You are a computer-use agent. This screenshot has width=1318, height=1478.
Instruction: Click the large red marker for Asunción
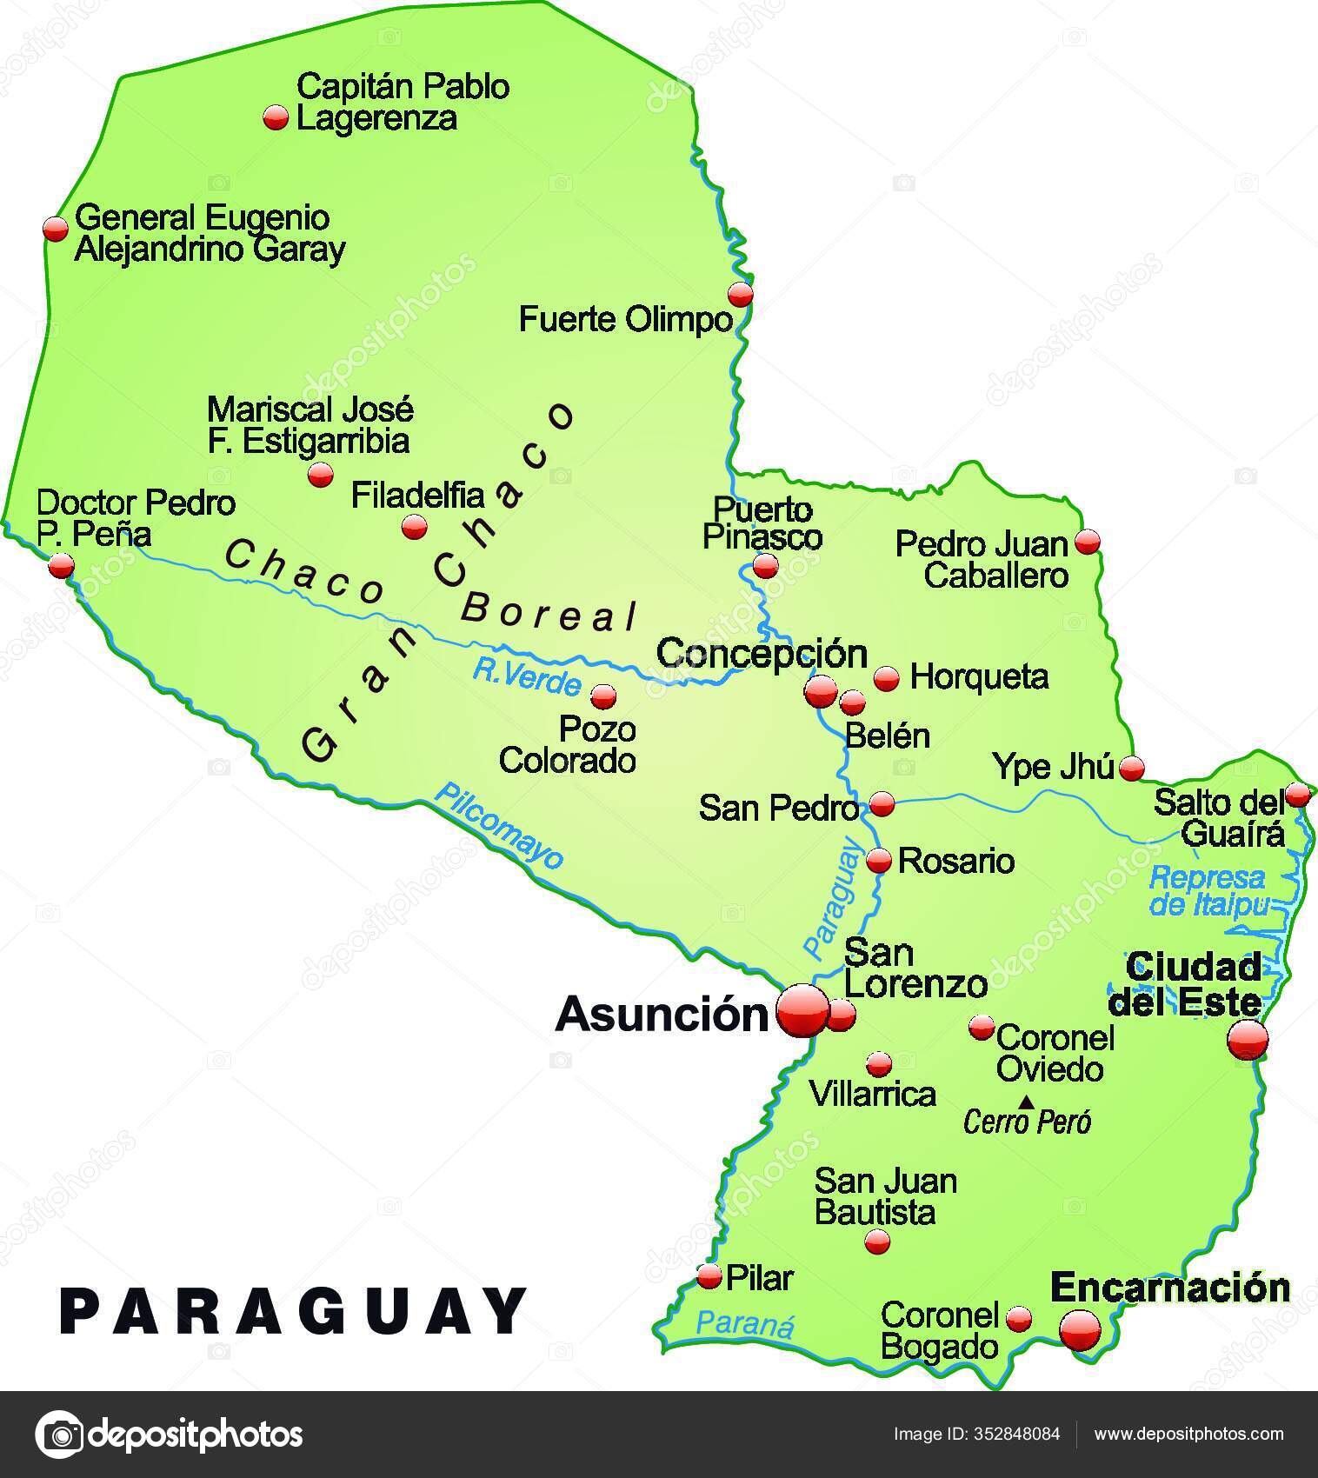point(802,1010)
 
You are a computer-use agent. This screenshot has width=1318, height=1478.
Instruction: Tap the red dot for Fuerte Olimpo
point(740,294)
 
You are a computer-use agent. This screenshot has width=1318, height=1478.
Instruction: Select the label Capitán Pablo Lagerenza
point(402,102)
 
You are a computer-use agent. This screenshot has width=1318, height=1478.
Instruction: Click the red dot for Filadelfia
point(414,527)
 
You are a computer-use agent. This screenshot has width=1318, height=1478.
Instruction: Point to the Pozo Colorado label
point(567,745)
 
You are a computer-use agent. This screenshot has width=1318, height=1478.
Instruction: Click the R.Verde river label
point(526,677)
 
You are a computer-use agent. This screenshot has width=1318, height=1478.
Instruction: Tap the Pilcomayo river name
point(499,826)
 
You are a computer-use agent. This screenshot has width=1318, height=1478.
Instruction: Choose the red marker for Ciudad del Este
point(1248,1039)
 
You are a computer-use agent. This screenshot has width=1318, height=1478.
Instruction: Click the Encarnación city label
point(1170,1288)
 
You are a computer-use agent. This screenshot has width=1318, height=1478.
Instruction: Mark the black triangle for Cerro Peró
point(1027,1102)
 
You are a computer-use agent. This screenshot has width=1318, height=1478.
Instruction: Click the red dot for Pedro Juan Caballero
point(1087,542)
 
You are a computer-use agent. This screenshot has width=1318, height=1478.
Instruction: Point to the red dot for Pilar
point(710,1276)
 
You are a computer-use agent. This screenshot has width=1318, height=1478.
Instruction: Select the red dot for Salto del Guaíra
point(1297,794)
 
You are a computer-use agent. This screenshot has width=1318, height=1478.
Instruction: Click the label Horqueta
point(979,676)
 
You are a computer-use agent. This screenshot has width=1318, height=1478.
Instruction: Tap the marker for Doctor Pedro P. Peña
point(61,567)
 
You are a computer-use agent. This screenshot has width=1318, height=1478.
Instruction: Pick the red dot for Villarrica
point(879,1064)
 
